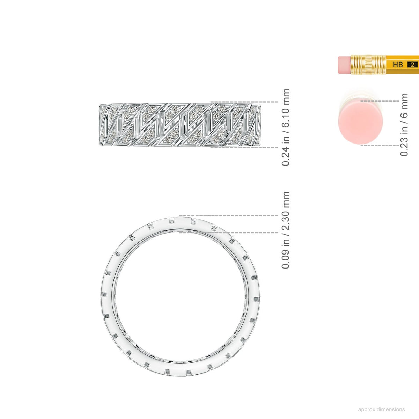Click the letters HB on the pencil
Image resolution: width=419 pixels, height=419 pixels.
tap(398, 65)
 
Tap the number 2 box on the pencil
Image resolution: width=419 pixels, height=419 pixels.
tap(412, 65)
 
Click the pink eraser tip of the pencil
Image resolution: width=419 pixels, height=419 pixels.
tap(344, 65)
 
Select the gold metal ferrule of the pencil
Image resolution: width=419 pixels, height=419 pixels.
tap(368, 65)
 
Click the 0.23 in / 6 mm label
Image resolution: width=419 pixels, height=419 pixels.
tap(404, 125)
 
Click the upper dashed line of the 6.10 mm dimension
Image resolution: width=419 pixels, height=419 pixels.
tap(244, 102)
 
